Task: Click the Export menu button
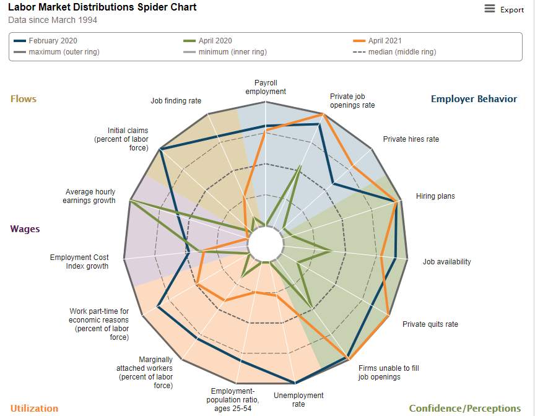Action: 503,9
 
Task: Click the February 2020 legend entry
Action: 45,41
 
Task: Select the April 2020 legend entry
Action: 207,41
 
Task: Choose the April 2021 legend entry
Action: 377,41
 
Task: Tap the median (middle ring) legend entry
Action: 395,52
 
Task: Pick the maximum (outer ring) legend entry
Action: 56,52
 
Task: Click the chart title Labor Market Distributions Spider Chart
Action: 102,7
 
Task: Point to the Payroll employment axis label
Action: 266,87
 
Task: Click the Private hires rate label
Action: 411,139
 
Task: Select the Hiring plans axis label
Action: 435,196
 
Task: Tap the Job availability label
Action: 446,261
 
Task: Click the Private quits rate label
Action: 430,324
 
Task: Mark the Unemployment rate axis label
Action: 298,400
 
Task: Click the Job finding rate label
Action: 176,100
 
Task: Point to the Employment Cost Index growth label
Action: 79,261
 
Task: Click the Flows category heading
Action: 23,99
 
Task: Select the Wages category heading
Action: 25,229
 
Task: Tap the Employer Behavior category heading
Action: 474,99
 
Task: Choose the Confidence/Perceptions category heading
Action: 464,408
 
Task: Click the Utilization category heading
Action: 34,408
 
